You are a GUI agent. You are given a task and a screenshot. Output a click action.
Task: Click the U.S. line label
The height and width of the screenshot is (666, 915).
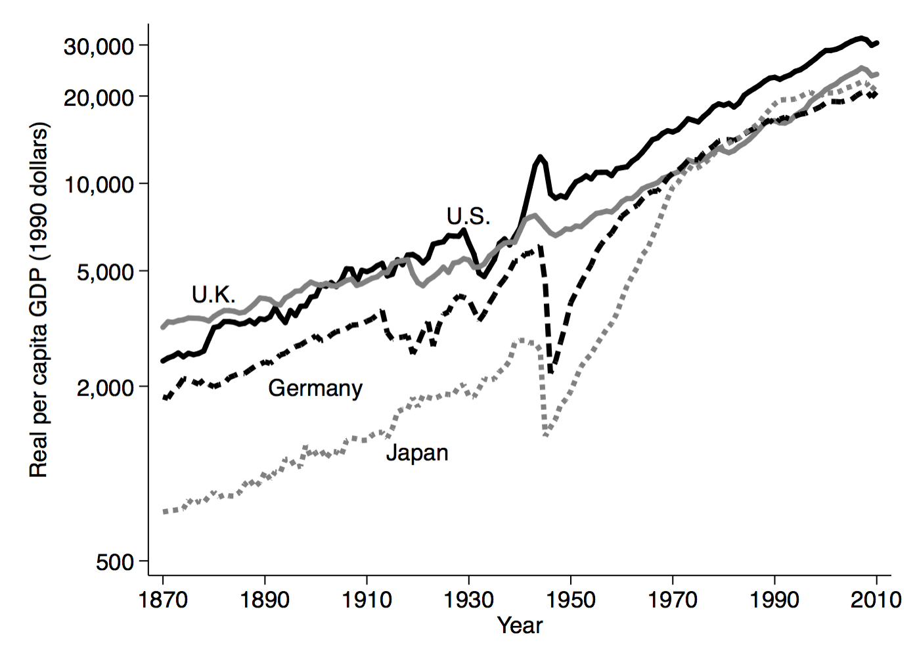[468, 216]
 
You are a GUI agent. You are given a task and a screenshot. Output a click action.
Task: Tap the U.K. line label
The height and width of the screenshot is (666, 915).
[213, 295]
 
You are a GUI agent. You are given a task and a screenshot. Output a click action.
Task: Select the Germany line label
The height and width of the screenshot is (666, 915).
[315, 388]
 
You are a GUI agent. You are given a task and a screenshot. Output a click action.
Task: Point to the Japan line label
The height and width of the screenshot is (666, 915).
[417, 453]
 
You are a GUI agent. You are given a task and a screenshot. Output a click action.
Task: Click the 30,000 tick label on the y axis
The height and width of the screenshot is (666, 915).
[99, 46]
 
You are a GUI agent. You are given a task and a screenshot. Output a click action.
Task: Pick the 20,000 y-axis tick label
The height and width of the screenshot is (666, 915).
[99, 97]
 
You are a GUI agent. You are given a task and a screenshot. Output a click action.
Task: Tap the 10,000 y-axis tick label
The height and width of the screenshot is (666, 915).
[99, 185]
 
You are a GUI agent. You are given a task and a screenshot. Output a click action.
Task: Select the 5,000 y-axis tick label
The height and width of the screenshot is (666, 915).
[105, 271]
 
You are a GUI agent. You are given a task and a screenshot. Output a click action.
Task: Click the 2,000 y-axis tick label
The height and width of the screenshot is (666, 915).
[105, 388]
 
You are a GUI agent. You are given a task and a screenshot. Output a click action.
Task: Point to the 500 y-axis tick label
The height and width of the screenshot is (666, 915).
[115, 562]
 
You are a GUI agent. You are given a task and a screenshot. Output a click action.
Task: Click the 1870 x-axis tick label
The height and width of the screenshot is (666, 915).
[163, 600]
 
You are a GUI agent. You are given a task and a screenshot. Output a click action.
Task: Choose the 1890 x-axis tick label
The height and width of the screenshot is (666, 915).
[265, 600]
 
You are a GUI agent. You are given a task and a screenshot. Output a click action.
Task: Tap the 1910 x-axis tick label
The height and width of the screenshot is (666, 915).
[367, 600]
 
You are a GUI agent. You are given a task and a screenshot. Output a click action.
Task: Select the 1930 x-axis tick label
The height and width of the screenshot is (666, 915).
[469, 600]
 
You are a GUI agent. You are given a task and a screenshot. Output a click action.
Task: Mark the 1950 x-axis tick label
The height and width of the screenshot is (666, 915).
[571, 600]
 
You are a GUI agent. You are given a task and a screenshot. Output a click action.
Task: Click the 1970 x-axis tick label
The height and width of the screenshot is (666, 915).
[673, 600]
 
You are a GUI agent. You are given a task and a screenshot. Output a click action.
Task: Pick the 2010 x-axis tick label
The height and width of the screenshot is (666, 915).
[876, 600]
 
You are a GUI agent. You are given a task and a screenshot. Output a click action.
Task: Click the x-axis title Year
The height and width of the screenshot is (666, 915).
[520, 625]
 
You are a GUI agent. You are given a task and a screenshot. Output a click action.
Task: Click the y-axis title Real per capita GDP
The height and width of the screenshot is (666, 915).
[39, 299]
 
